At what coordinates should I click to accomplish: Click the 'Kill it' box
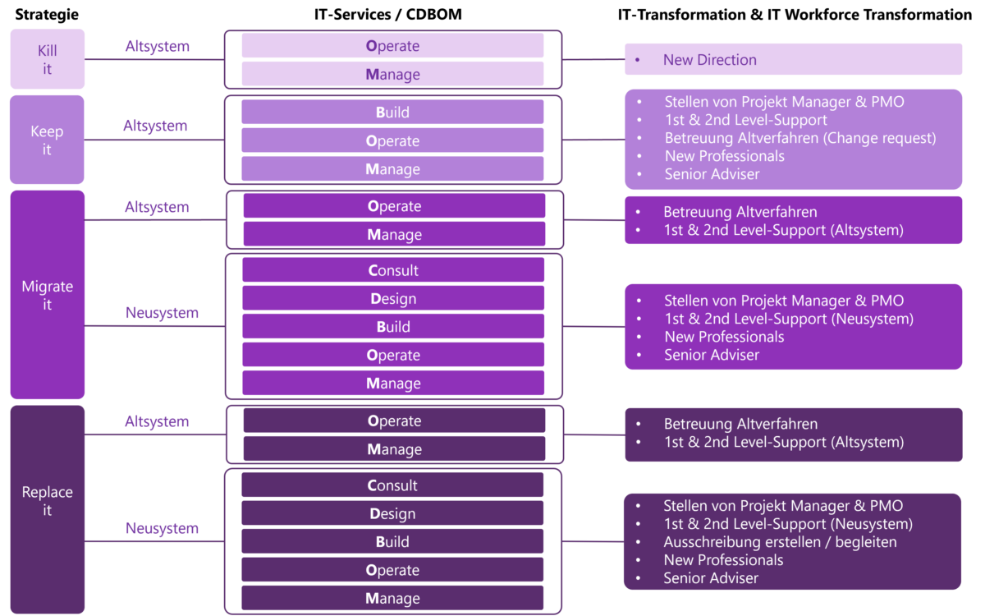[47, 60]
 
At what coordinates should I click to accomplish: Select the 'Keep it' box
[47, 140]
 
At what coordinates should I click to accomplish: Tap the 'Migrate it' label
[47, 295]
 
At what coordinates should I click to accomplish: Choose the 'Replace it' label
[47, 501]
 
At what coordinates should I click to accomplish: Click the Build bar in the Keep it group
[392, 113]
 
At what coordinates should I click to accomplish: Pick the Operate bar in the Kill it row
[392, 46]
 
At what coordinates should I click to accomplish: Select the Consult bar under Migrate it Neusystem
[393, 270]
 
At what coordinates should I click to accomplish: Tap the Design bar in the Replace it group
[392, 513]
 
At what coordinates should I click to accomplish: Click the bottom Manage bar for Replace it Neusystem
[392, 598]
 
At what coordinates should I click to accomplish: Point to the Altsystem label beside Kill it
[157, 47]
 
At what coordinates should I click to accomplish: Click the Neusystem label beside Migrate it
[162, 313]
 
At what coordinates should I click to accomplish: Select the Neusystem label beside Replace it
[162, 528]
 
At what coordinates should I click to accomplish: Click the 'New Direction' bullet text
[709, 60]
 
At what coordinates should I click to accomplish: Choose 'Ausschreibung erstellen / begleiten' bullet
[780, 542]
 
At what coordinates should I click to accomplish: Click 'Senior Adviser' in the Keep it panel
[712, 174]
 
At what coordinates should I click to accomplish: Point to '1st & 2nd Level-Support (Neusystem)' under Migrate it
[788, 319]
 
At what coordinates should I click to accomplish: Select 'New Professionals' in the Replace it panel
[723, 560]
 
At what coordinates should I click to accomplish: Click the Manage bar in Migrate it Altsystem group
[394, 235]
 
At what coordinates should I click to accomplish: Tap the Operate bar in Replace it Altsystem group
[394, 421]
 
